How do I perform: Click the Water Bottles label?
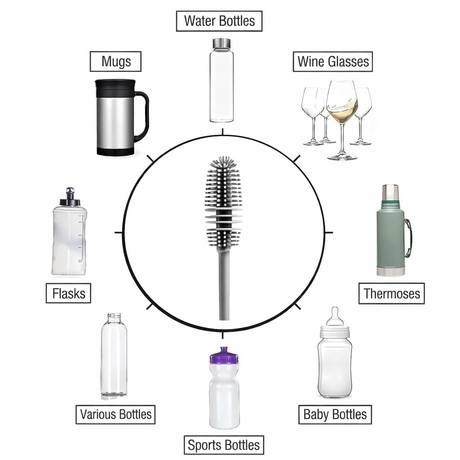click(219, 21)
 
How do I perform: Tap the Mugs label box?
click(115, 62)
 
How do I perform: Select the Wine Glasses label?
click(333, 62)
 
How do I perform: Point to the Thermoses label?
click(392, 294)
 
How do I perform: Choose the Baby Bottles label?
click(335, 415)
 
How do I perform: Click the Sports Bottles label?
click(224, 445)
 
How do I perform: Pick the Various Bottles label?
click(115, 415)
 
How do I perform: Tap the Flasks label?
click(69, 293)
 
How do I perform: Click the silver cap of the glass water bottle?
click(221, 43)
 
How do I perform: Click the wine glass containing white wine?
click(342, 120)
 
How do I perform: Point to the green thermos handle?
click(409, 238)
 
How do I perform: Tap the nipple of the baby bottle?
click(335, 316)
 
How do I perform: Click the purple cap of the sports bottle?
click(224, 355)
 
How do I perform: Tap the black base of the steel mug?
click(115, 152)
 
